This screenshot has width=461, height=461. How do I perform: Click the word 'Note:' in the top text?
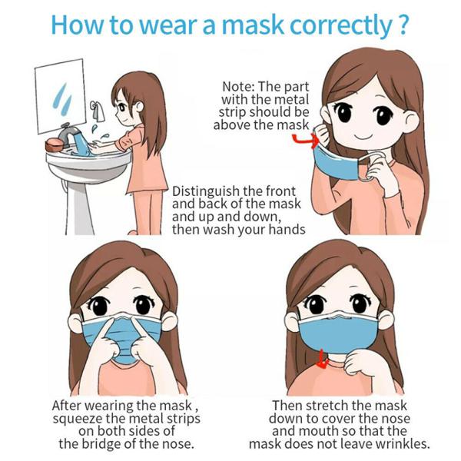click(240, 87)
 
